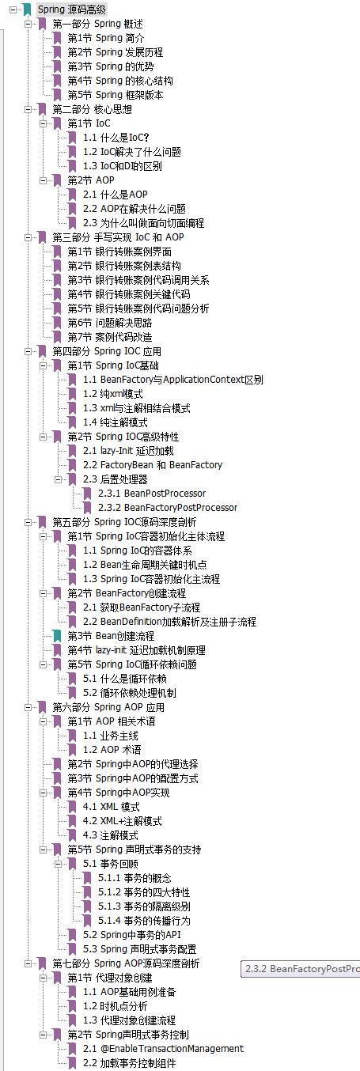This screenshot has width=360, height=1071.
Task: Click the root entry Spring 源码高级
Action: pos(72,9)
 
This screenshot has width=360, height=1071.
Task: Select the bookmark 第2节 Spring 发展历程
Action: pos(116,52)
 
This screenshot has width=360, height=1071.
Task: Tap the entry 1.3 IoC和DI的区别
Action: pos(123,166)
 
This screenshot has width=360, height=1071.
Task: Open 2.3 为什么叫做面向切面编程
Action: pos(143,223)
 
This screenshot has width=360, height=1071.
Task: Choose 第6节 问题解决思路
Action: pos(110,323)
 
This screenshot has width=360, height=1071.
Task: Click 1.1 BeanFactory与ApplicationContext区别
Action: pos(173,380)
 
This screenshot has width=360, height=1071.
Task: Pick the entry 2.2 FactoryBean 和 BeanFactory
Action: pos(153,465)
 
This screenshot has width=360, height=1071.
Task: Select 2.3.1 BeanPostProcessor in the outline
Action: pos(152,494)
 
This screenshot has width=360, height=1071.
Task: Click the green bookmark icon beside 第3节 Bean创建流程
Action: pos(58,636)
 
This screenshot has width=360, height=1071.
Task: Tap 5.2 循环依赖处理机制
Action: pos(130,693)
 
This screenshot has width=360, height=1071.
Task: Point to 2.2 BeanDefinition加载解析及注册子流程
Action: pos(170,622)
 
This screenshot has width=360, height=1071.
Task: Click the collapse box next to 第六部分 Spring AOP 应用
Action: pos(28,707)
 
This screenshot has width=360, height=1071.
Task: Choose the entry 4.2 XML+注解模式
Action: pos(123,821)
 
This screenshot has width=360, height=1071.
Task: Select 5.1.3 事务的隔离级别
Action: pos(144,906)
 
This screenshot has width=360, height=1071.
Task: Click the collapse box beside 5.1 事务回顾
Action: pos(59,864)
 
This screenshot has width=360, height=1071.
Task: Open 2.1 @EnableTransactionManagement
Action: pos(163,1049)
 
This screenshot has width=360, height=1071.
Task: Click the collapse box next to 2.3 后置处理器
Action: pos(59,479)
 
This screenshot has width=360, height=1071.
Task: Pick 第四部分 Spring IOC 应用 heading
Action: pos(107,351)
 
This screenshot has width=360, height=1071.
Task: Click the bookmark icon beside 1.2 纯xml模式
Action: pos(73,394)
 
